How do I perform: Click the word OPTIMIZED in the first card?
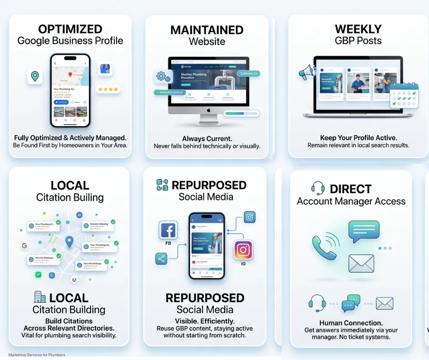click(x=70, y=29)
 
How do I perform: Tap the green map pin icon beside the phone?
click(x=35, y=76)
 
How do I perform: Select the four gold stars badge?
click(x=108, y=89)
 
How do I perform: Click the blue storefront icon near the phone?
click(x=105, y=69)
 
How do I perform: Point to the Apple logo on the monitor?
click(x=208, y=110)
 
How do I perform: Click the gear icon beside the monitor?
click(x=162, y=77)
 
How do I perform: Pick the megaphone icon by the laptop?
click(x=305, y=72)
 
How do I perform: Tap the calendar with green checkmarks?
click(x=404, y=95)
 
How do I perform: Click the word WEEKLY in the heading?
click(x=358, y=29)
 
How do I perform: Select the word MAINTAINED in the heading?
click(x=207, y=30)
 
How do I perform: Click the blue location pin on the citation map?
click(x=69, y=242)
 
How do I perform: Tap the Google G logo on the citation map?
click(x=24, y=245)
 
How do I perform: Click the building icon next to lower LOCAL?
click(x=40, y=297)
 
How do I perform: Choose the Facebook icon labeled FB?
click(x=168, y=230)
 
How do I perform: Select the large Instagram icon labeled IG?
click(x=243, y=250)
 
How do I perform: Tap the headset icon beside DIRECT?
click(x=318, y=188)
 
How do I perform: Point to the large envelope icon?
click(x=361, y=263)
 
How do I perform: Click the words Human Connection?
click(x=351, y=323)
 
